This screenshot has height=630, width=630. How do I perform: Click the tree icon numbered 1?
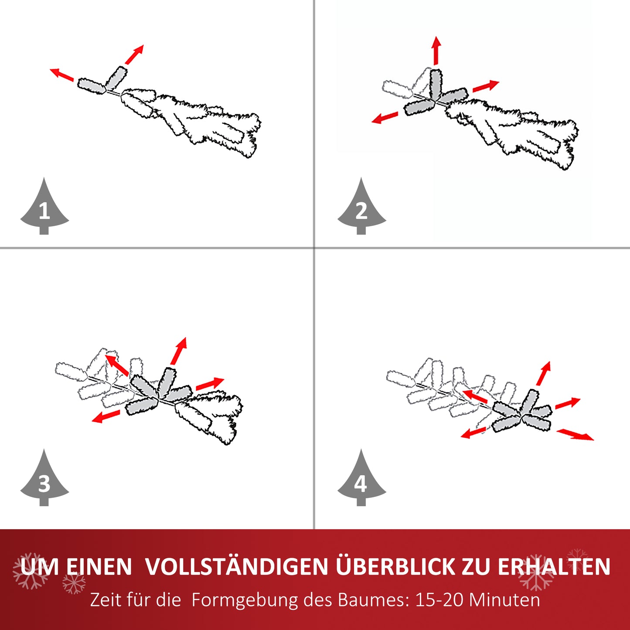(44, 209)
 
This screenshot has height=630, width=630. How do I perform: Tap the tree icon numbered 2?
(361, 209)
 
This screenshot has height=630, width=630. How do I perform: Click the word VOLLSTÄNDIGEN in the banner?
(237, 567)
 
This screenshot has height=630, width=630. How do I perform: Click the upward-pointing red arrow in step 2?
(436, 51)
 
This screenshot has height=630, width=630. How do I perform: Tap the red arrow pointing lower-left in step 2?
(385, 118)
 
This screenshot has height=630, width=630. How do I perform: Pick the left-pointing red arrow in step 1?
(61, 75)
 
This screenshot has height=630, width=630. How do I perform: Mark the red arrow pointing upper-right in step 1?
(134, 54)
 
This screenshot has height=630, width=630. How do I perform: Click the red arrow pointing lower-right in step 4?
(575, 434)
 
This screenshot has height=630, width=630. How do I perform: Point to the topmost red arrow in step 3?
(179, 351)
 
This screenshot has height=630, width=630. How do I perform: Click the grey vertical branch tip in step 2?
(436, 83)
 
